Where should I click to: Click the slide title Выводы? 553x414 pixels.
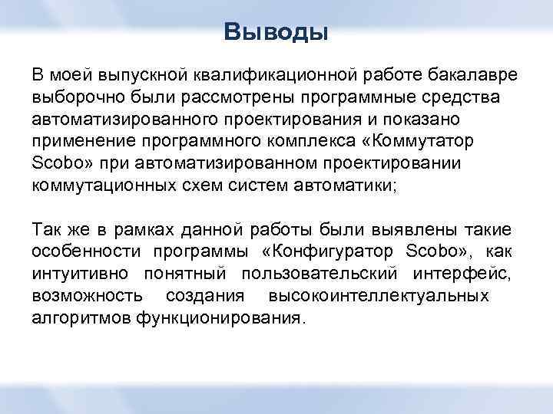point(276,32)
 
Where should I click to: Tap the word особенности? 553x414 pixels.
point(84,252)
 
